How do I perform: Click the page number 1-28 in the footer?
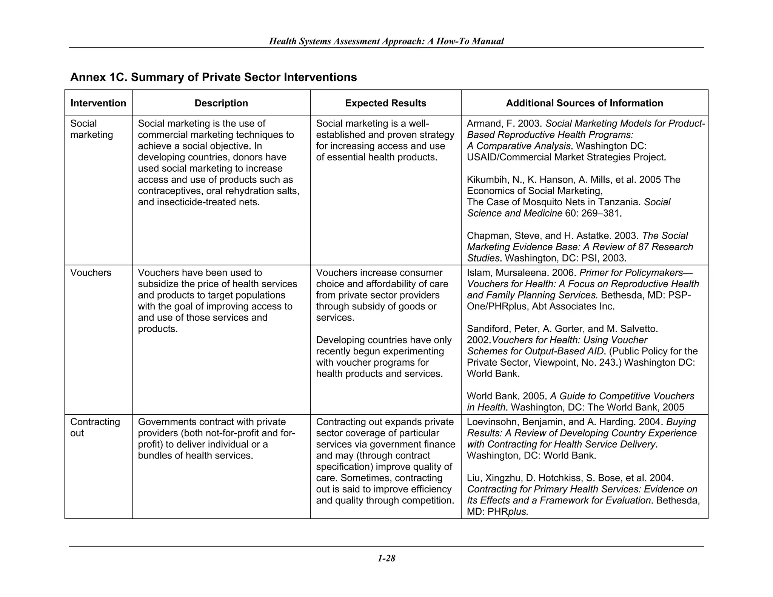coord(386,558)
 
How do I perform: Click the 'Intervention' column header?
coord(98,103)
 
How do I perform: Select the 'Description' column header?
coord(221,103)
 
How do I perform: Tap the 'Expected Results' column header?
coord(385,103)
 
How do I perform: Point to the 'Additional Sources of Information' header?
coord(584,103)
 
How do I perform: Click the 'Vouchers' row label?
coord(91,272)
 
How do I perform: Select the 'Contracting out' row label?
coord(95,427)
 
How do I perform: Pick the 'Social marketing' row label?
coord(91,129)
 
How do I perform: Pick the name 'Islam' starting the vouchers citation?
coord(478,272)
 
